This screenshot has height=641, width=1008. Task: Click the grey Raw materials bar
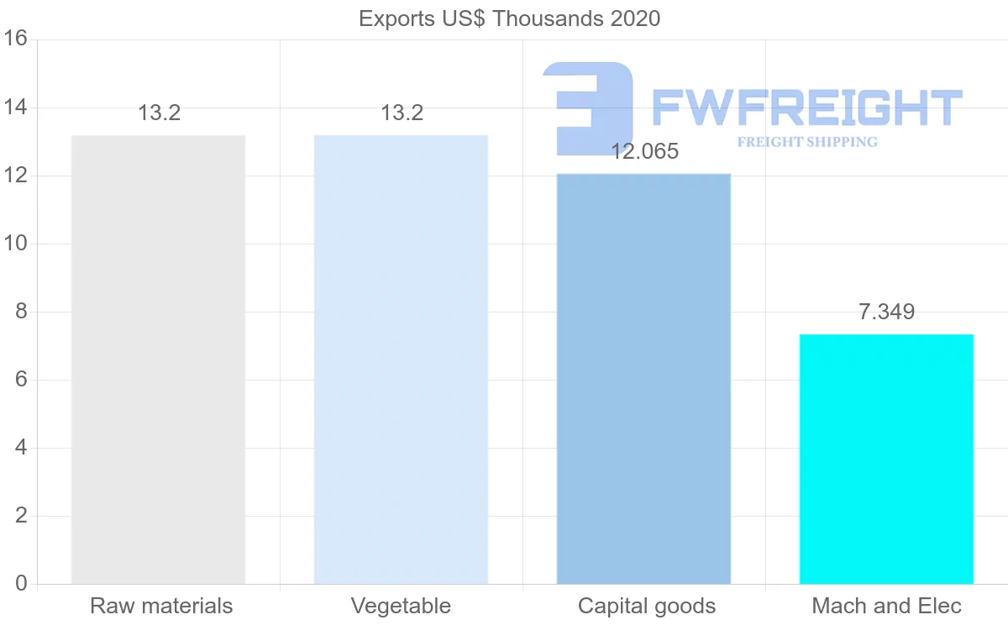point(158,360)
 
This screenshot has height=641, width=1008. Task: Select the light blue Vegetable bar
point(401,360)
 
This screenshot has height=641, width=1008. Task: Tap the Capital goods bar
point(643,378)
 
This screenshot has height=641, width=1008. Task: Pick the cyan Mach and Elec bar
point(886,459)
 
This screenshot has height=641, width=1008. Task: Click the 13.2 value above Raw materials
point(160,113)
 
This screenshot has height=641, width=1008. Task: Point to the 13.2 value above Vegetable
point(402,113)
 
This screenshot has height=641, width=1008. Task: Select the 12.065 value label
point(644,152)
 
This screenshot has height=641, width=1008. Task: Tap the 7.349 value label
point(886,313)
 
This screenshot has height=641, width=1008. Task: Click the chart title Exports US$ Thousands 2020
point(509,18)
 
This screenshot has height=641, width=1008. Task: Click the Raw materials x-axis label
point(161,606)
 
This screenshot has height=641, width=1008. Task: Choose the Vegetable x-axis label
point(401,606)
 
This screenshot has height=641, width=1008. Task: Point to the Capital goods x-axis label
point(647,606)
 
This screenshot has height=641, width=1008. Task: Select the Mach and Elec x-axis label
point(886,606)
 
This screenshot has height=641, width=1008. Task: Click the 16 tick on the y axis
point(15,39)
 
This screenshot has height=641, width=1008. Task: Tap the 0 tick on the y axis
point(21,584)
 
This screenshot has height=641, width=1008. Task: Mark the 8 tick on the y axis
point(21,312)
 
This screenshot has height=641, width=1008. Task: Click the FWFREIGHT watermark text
point(806,108)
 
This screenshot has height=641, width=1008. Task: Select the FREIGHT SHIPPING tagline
point(807,142)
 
